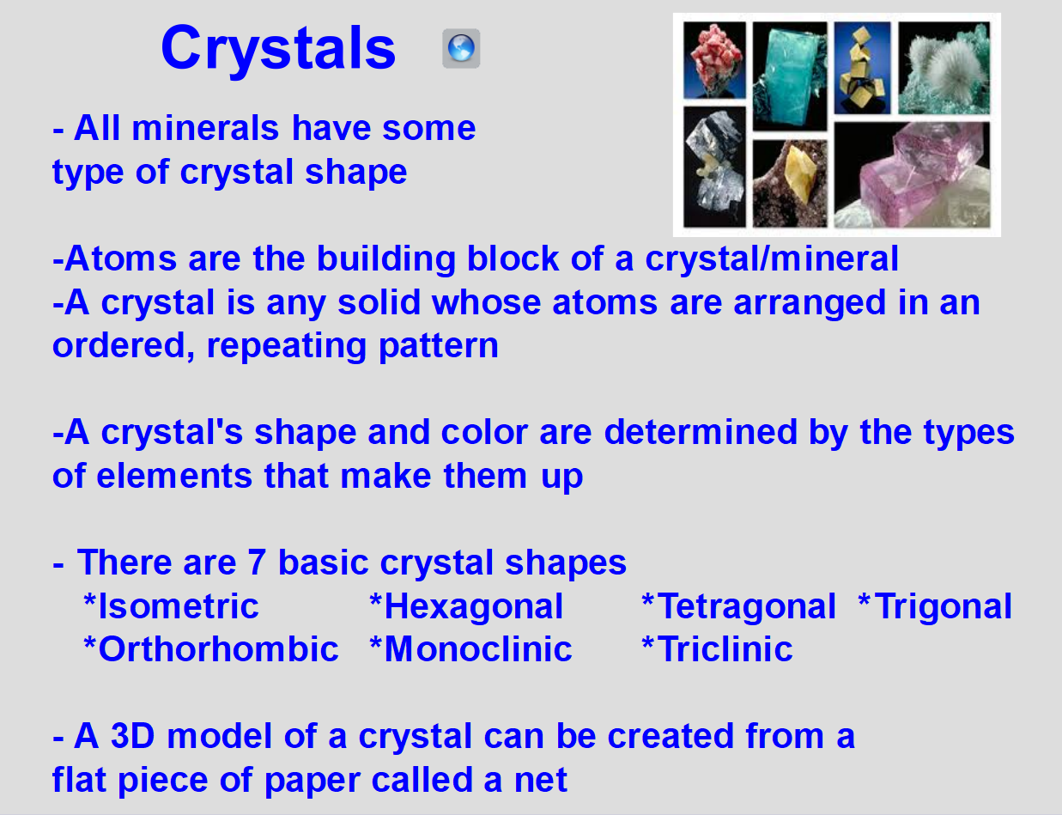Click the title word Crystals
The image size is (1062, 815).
(x=278, y=49)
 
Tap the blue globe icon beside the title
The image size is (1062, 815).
(x=461, y=48)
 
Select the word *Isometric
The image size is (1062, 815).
(x=171, y=606)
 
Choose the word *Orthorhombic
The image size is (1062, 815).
(x=211, y=649)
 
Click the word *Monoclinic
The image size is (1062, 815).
(x=470, y=649)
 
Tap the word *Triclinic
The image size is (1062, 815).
(x=717, y=649)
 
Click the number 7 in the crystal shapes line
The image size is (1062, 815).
(x=257, y=563)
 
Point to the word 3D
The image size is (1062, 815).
(x=133, y=736)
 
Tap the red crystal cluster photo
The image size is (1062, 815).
(x=714, y=60)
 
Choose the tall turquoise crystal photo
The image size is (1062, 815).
(x=790, y=76)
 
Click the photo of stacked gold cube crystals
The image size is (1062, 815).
(x=862, y=68)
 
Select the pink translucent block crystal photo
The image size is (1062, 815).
(x=912, y=174)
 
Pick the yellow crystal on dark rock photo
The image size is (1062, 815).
(x=790, y=184)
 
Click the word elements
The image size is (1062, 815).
(x=174, y=476)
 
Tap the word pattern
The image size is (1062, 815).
(x=439, y=346)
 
